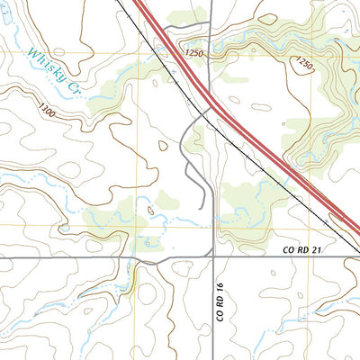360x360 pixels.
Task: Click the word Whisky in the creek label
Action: coord(41,68)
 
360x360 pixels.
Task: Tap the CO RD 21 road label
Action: coord(301,249)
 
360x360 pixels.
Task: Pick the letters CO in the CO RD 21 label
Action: coord(287,249)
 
